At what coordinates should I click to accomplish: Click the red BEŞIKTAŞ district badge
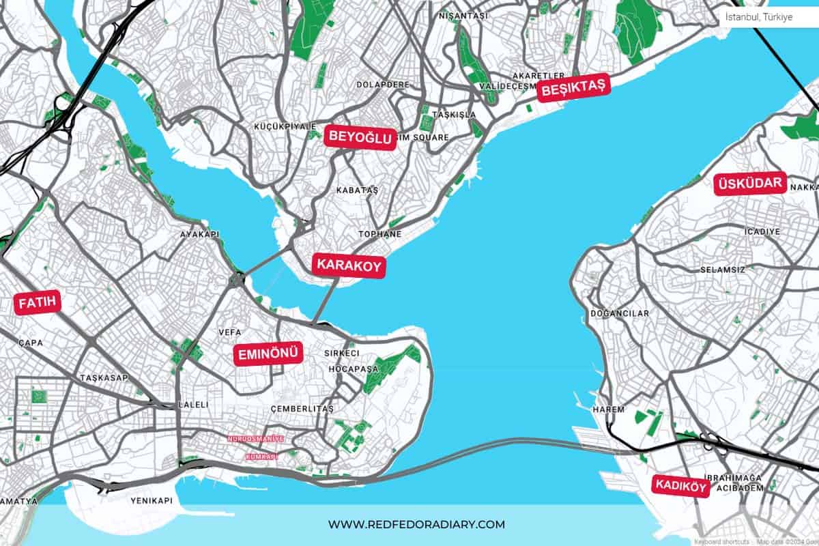pos(572,89)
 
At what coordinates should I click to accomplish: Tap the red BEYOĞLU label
pos(361,137)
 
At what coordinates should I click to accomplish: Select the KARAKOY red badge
pos(349,265)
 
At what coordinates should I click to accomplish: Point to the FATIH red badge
pos(38,302)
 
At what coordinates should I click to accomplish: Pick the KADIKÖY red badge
pos(680,485)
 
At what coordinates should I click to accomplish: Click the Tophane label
pos(380,234)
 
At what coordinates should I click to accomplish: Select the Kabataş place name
pos(357,190)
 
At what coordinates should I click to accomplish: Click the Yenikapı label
pos(152,500)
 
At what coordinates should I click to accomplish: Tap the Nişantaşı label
pos(463,15)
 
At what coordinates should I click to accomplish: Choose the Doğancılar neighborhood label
pos(620,313)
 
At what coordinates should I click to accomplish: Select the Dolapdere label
pos(383,85)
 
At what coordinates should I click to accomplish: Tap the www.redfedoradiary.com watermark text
pos(416,524)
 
